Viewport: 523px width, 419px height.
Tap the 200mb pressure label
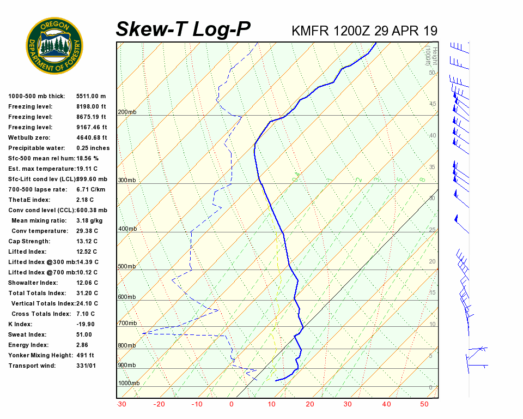tap(127, 112)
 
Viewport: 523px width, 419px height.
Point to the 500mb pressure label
tap(127, 266)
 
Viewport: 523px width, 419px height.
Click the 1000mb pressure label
tap(129, 383)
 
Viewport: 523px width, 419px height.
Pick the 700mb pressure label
tap(127, 324)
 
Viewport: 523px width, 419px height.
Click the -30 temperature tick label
tap(121, 404)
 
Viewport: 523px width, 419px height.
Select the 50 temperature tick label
tap(424, 404)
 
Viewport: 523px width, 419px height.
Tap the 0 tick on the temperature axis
tap(232, 404)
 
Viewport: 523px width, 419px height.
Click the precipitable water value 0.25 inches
tap(93, 148)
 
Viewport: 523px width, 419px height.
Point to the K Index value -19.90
tap(86, 324)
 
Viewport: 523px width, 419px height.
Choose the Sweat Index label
tap(27, 334)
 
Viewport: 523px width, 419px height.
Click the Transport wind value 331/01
tap(86, 366)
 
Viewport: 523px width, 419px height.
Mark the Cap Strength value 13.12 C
tap(87, 241)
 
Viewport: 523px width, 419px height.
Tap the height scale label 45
tap(433, 104)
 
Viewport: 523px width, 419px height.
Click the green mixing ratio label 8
tap(422, 179)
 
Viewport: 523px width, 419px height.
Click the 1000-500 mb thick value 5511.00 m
tap(90, 96)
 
